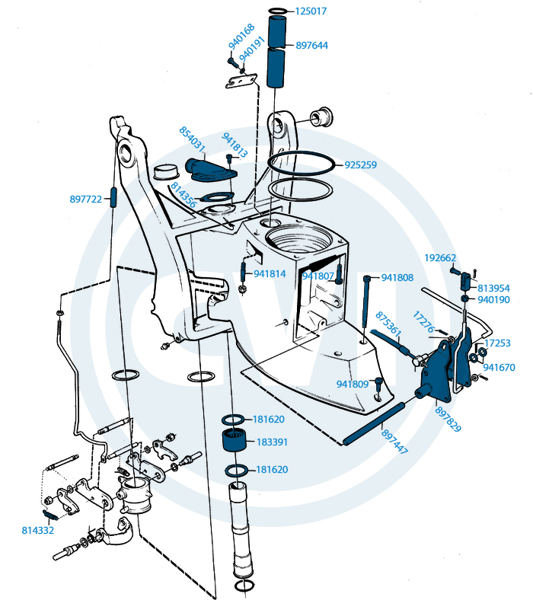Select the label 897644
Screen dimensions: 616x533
click(312, 46)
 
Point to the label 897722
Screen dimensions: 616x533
click(86, 199)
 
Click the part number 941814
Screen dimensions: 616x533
click(270, 273)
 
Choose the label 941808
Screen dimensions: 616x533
click(397, 278)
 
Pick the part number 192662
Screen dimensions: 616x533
click(439, 257)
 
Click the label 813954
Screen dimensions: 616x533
click(494, 289)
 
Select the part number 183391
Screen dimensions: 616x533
click(272, 442)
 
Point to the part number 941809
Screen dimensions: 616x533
click(353, 384)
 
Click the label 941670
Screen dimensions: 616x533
click(499, 367)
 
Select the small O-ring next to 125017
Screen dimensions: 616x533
click(278, 11)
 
